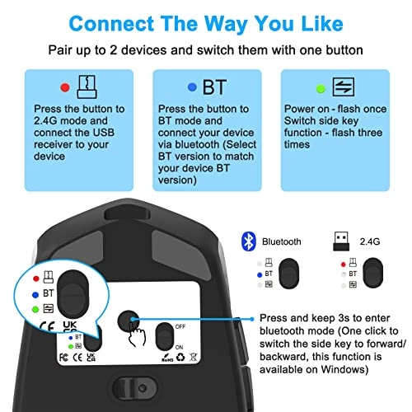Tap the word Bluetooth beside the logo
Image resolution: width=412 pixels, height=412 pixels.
pos(283,243)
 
